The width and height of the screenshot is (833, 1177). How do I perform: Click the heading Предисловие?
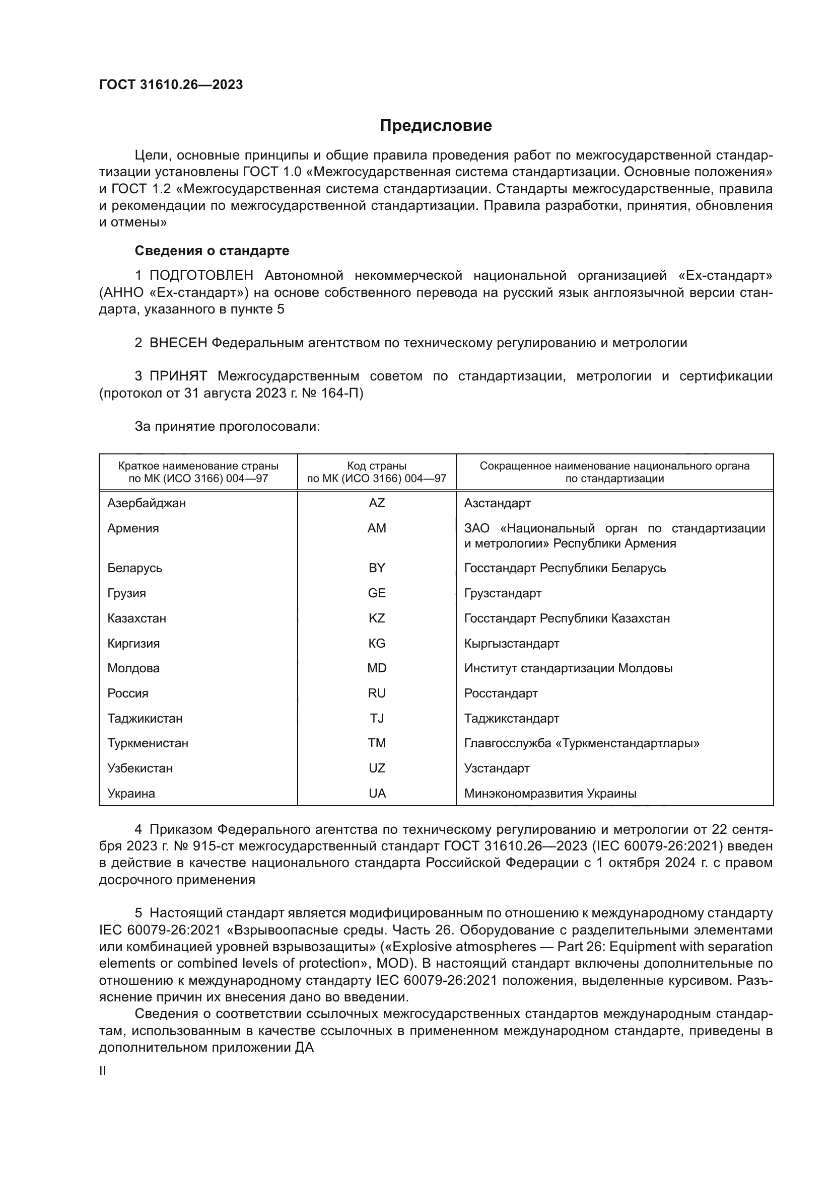coord(436,126)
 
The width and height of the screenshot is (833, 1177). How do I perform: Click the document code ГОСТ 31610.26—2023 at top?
coord(171,85)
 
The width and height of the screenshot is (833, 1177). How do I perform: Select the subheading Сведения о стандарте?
coord(212,251)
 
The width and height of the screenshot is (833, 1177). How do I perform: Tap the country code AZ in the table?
coord(377,503)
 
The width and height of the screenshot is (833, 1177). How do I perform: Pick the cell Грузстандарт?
coord(502,593)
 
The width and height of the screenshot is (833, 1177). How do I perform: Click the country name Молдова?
coord(133,668)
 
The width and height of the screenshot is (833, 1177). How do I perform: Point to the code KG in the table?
coord(377,644)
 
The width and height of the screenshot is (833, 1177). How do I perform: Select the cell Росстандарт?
coord(501,693)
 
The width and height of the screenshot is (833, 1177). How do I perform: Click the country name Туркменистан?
coord(148,743)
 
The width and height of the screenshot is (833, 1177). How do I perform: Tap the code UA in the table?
coord(377,794)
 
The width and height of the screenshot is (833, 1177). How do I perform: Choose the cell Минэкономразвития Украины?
coord(550,794)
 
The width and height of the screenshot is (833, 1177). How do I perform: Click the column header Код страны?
coord(377,466)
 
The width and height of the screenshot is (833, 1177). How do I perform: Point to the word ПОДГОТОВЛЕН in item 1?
coord(201,276)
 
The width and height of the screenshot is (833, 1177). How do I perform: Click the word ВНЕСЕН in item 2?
coord(178,343)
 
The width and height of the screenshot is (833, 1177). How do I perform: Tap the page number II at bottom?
coord(103,1070)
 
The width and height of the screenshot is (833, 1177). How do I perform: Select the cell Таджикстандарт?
coord(511,719)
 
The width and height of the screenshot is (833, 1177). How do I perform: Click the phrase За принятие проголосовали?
coord(227,427)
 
